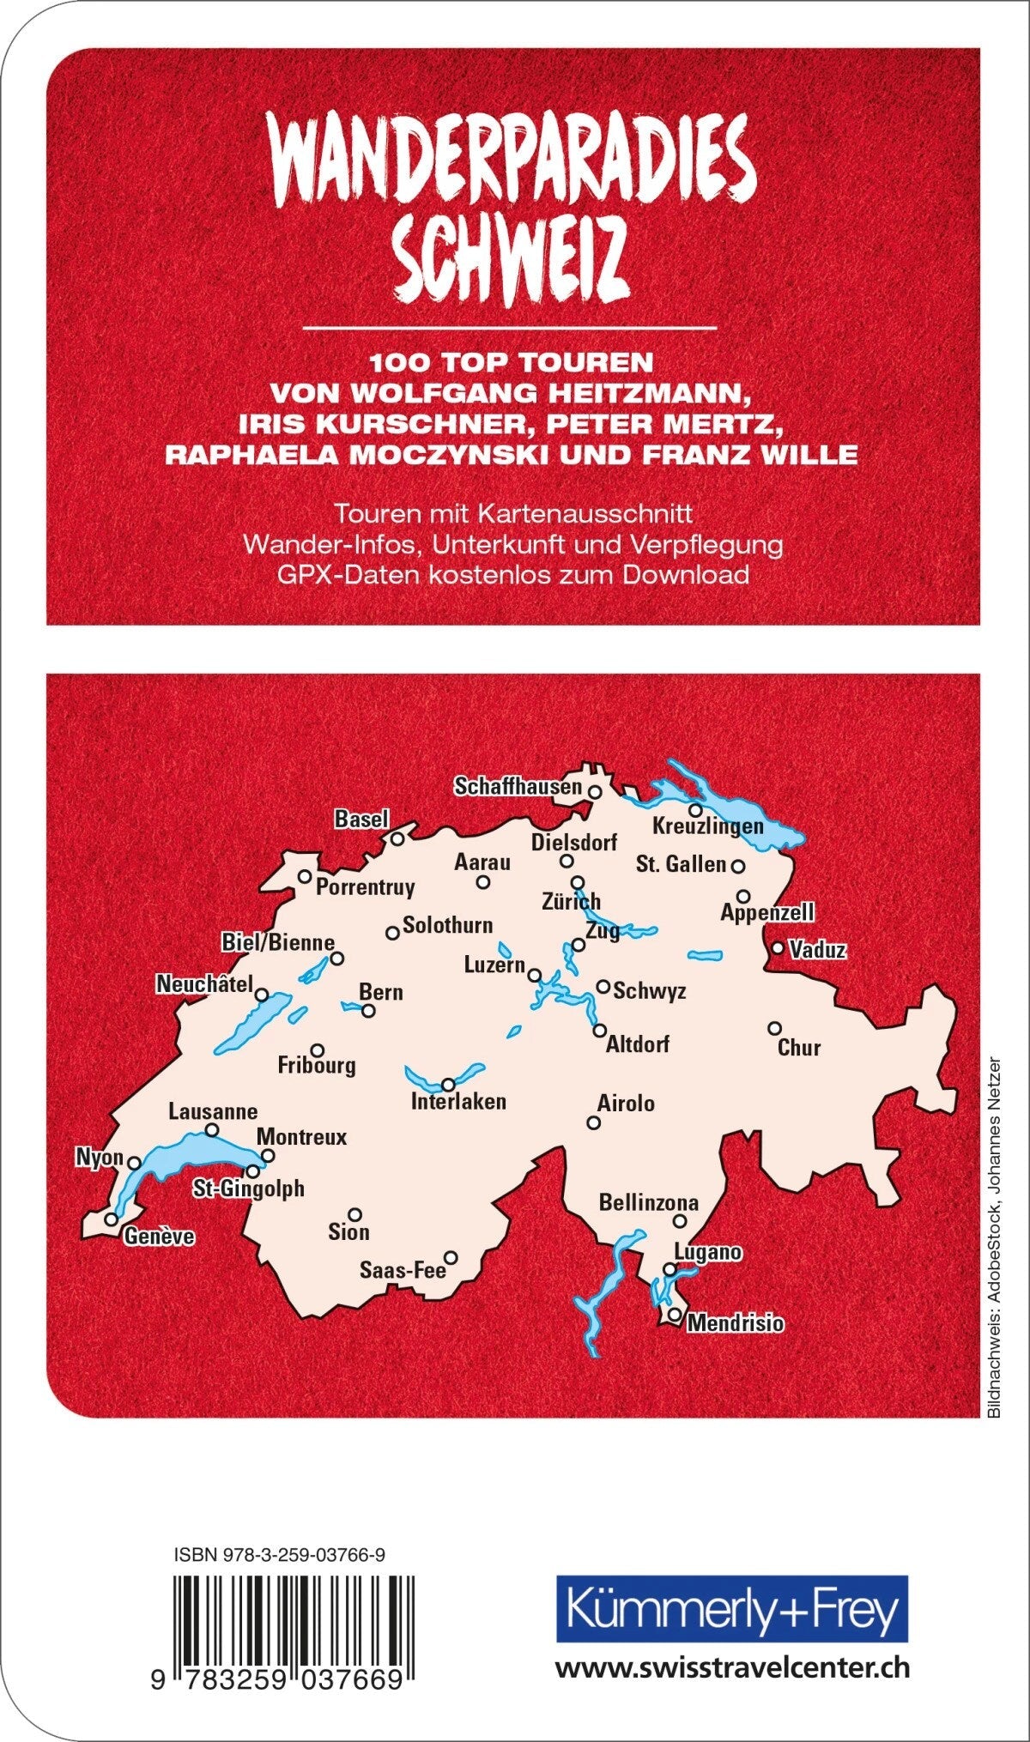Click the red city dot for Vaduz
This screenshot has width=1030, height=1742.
(x=778, y=948)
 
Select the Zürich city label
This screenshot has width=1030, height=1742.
(x=571, y=902)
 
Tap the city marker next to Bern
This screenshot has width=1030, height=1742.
(x=368, y=1011)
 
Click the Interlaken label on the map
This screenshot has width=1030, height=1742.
(x=458, y=1101)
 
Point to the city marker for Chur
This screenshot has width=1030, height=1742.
(x=774, y=1028)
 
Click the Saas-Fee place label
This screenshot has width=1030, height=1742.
(x=403, y=1269)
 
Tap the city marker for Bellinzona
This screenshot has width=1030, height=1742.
(x=680, y=1221)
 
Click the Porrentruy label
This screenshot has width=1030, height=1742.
(x=366, y=887)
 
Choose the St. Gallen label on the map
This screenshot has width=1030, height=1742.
(x=681, y=864)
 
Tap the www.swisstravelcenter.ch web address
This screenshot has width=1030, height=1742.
(x=732, y=1644)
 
